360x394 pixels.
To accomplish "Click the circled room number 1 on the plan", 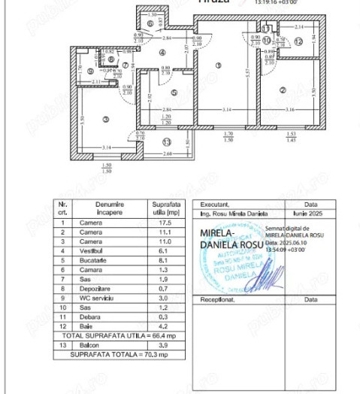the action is pos(218,65).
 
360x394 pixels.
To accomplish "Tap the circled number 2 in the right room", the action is pos(283,91).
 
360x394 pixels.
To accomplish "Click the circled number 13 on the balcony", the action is pos(166,141).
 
